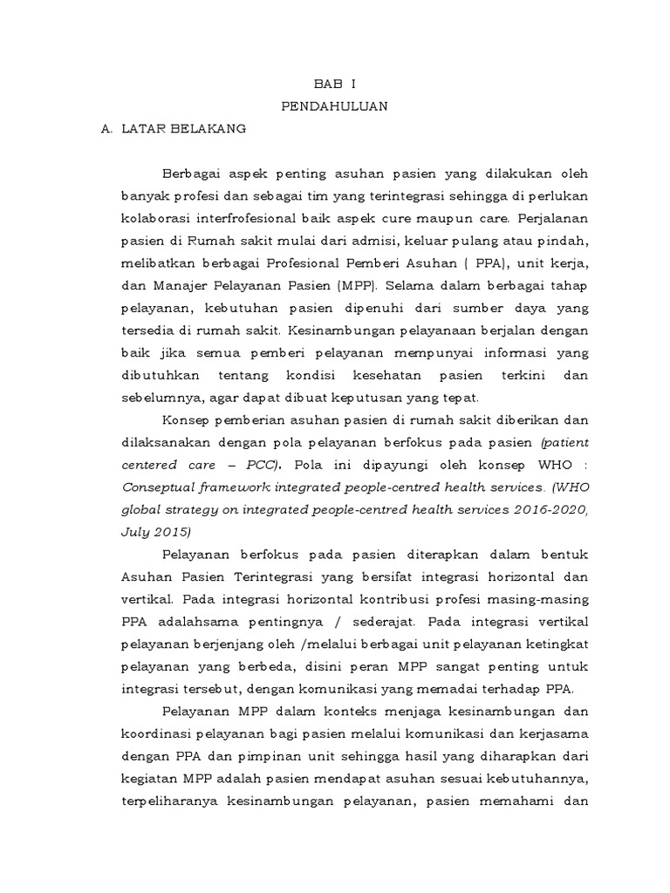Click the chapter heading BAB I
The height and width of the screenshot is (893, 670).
pyautogui.click(x=335, y=84)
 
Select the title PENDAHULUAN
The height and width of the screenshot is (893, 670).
pyautogui.click(x=335, y=106)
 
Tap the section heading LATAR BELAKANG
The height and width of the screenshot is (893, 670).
pyautogui.click(x=188, y=128)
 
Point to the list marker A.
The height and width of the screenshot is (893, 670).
pyautogui.click(x=107, y=128)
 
